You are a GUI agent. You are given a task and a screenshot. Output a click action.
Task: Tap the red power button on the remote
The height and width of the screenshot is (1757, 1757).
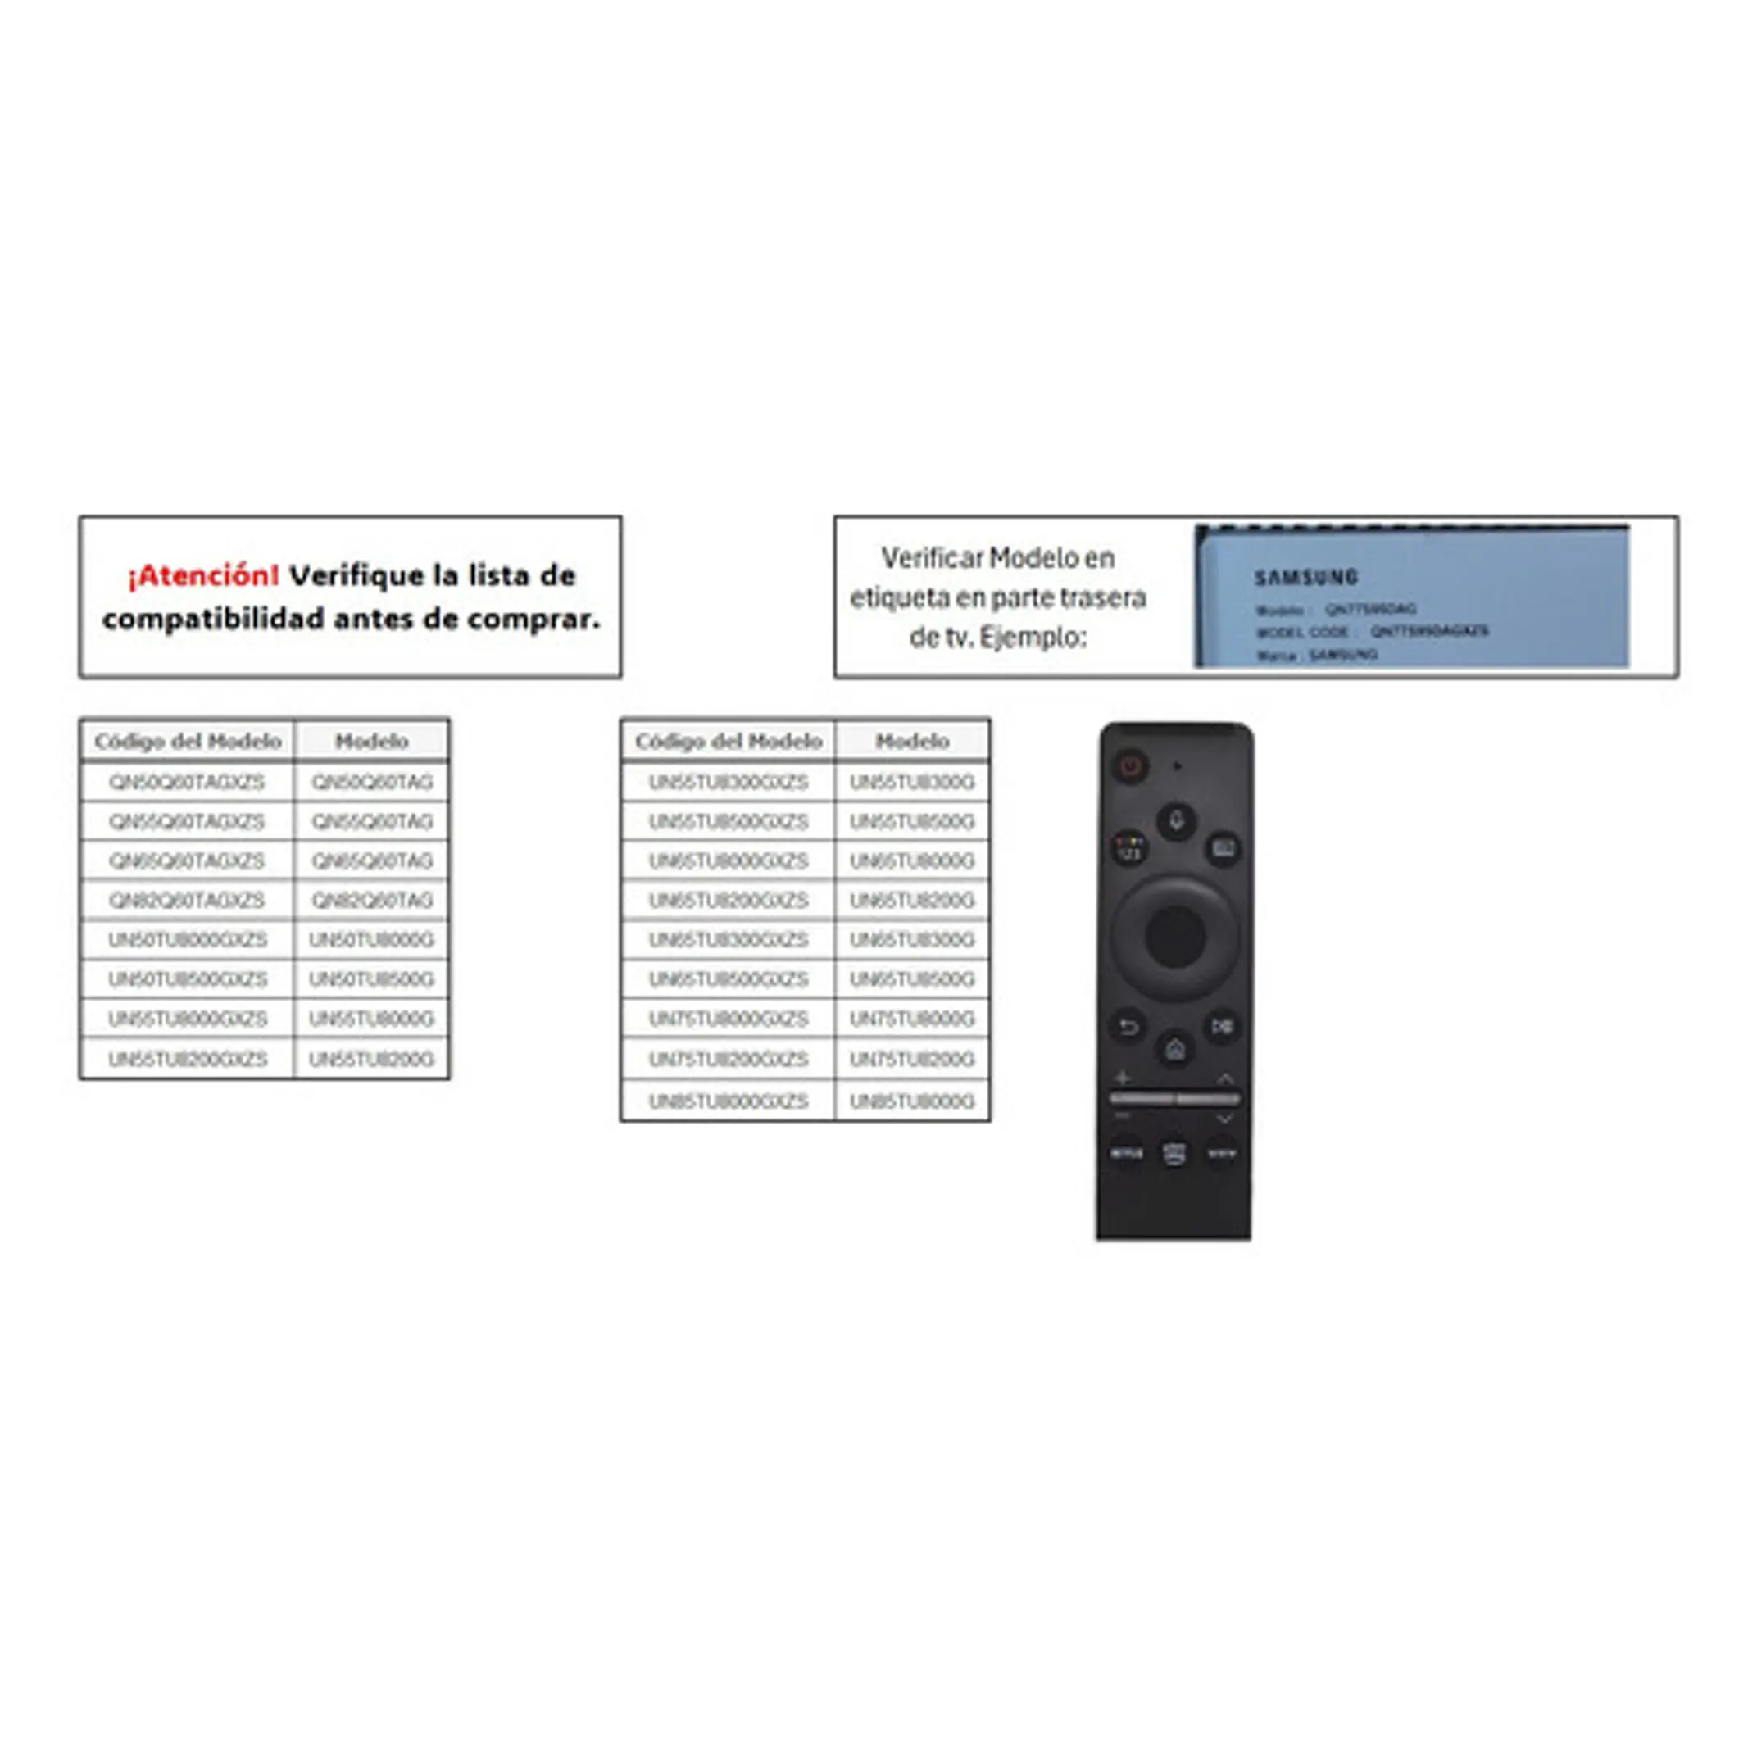point(1130,765)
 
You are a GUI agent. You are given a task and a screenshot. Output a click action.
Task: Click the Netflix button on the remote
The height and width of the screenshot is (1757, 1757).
point(1127,1153)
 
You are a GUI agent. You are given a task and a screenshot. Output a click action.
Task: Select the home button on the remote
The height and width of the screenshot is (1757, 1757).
point(1175,1051)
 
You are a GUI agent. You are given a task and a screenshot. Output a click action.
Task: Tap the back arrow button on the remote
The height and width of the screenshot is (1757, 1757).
point(1128,1028)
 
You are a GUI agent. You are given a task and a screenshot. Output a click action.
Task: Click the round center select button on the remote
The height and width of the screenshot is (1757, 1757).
point(1175,936)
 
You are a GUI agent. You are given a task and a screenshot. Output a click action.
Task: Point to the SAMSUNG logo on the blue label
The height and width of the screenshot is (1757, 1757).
point(1306,577)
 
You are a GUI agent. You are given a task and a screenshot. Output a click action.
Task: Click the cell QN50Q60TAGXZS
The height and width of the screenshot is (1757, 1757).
point(186,782)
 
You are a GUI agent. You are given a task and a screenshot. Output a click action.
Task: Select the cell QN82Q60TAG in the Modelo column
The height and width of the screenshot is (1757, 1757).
point(371,901)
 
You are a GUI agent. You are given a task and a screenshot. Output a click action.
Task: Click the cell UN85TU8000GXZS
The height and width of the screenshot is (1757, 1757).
point(728,1101)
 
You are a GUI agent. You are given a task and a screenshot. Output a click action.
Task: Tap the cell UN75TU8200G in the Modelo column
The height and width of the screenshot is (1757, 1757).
point(911,1060)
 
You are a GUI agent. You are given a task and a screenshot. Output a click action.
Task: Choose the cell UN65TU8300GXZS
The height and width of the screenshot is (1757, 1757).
point(728,939)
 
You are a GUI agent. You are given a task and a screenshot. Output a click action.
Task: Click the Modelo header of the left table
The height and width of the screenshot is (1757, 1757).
point(371,741)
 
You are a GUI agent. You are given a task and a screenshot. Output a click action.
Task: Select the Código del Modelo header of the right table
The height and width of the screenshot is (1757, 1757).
point(728,741)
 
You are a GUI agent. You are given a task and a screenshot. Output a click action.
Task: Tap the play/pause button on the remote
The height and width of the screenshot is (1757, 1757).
point(1221,1027)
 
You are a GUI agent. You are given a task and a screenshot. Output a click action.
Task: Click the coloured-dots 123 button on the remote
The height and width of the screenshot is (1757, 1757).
point(1128,848)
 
